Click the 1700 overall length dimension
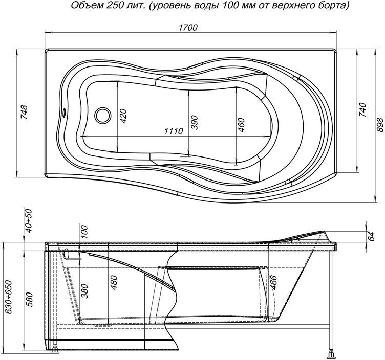189,29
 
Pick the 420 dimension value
123,117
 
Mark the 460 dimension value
242,125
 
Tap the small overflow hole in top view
65,112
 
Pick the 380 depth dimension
85,291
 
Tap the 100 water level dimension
85,232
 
